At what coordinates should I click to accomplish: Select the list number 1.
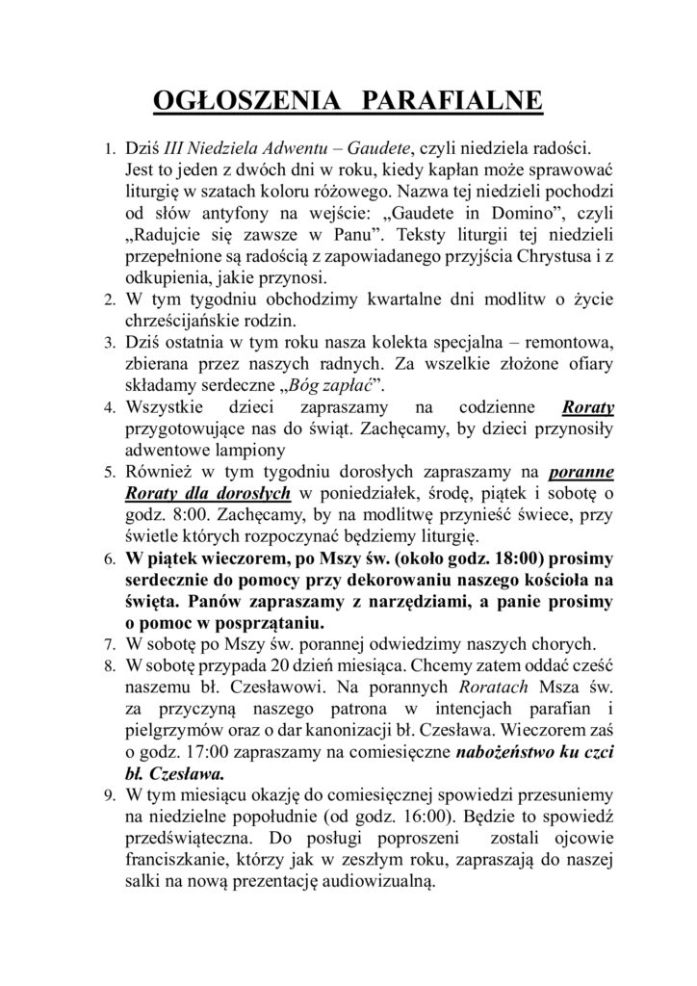click(x=109, y=153)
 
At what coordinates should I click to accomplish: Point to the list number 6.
click(x=109, y=560)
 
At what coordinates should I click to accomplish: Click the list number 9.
click(x=109, y=795)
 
